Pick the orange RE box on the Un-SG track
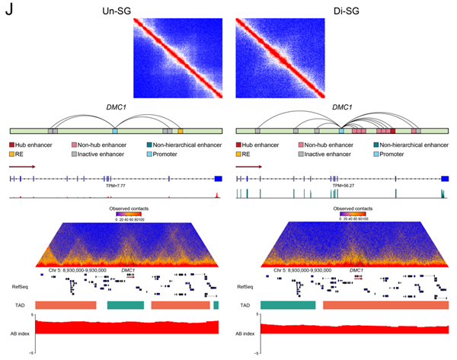202,132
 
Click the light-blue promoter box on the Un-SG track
114,132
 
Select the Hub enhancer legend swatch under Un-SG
12,145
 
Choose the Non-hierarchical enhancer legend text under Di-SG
414,145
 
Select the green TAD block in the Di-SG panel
287,304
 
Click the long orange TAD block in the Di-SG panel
385,304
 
